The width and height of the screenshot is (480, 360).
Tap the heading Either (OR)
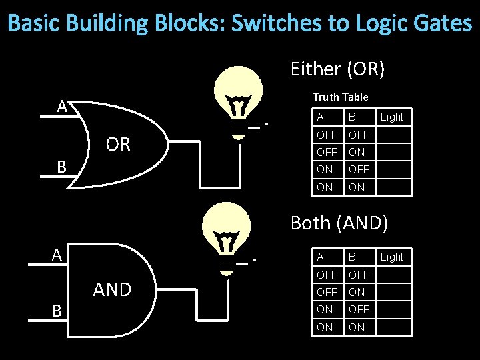[338, 69]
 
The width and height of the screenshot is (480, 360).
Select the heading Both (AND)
[339, 223]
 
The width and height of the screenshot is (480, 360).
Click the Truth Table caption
[340, 97]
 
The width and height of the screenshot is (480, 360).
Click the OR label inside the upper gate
[118, 144]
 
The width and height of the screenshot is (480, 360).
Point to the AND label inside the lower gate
[112, 289]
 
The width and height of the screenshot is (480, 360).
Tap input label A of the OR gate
[62, 106]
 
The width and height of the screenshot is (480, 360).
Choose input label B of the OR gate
[61, 167]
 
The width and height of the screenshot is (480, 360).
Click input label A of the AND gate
[58, 254]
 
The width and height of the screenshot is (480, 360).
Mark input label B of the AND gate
[58, 311]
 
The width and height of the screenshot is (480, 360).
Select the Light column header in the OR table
[391, 117]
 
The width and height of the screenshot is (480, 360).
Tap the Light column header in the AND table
[391, 257]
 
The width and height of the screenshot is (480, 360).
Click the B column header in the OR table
[351, 117]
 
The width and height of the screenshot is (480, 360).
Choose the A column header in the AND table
[321, 257]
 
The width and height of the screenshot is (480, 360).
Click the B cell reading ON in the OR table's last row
[357, 187]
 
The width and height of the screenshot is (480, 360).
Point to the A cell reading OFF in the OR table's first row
[327, 135]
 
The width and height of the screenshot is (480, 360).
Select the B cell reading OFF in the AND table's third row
[359, 309]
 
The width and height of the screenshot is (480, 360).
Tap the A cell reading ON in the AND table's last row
[325, 327]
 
